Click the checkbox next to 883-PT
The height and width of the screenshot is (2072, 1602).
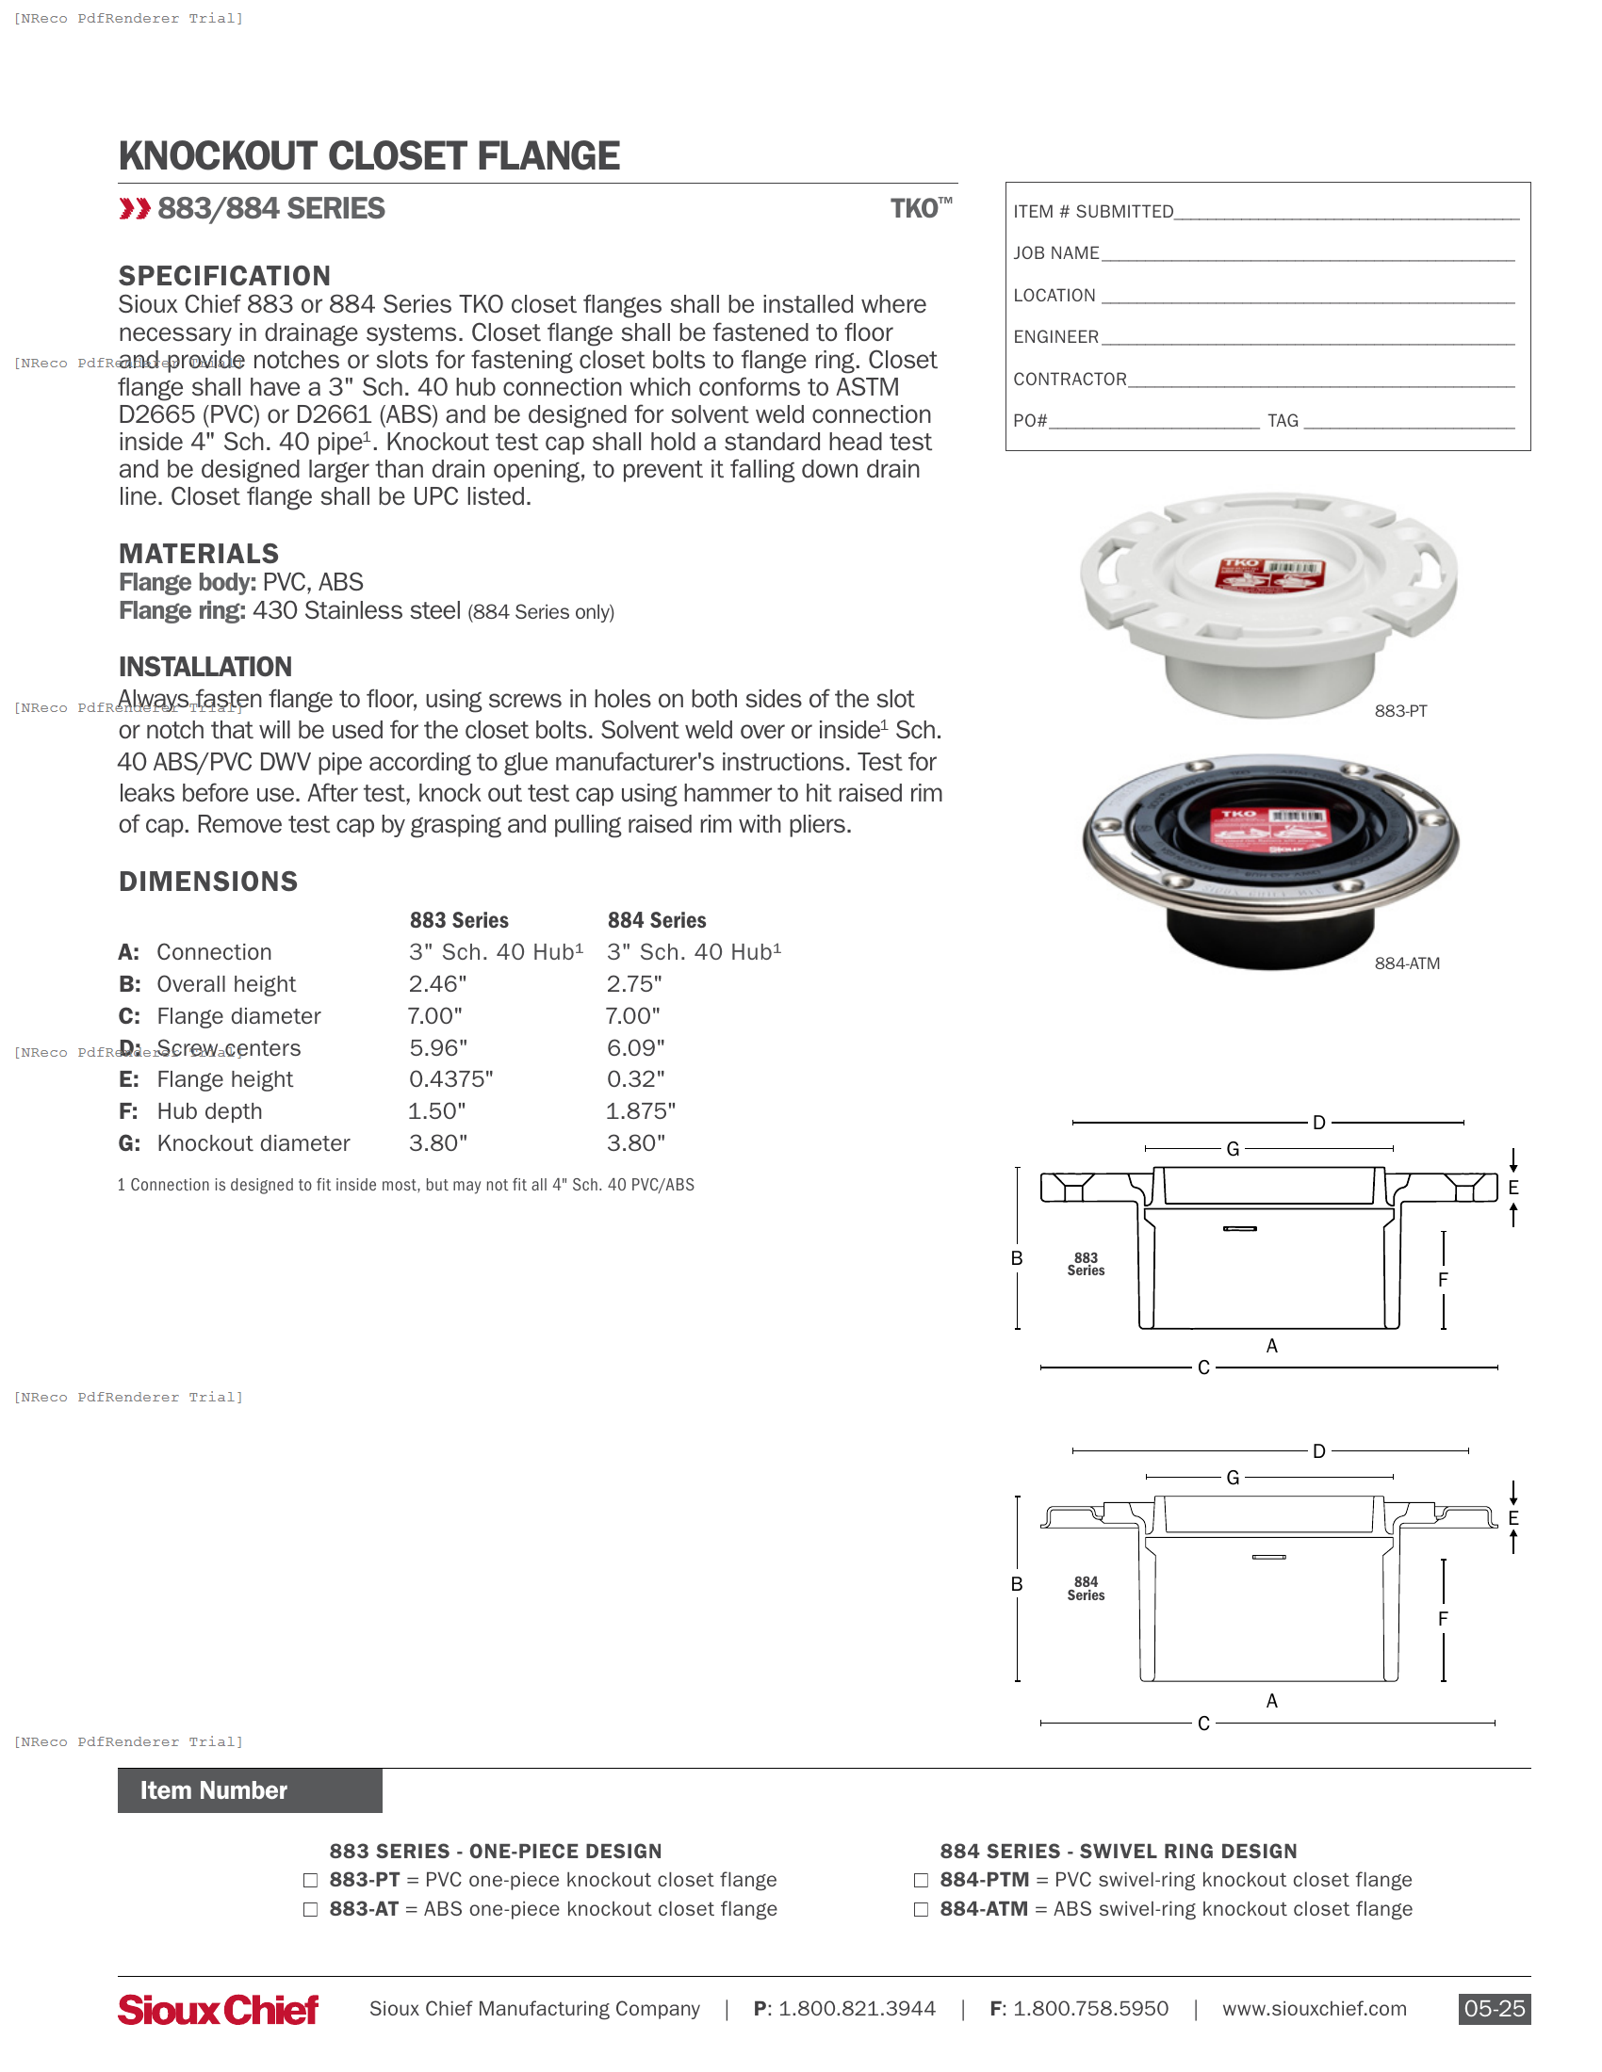coord(310,1881)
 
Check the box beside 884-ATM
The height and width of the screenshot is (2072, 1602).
coord(921,1910)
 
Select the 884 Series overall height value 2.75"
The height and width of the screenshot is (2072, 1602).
coord(634,984)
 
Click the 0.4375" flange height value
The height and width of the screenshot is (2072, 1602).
coord(450,1079)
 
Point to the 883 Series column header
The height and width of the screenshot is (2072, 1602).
coord(458,920)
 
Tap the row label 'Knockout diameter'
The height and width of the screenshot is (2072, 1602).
coord(253,1143)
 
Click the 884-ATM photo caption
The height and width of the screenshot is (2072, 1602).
coord(1407,963)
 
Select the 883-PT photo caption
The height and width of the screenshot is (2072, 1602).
coord(1399,711)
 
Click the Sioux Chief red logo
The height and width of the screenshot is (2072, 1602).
coord(219,2010)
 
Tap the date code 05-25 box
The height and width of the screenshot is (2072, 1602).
coord(1494,2010)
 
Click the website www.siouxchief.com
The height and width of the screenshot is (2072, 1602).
coord(1314,2010)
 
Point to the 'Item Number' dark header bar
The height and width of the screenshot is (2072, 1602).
coord(250,1790)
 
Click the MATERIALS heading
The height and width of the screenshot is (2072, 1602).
coord(198,554)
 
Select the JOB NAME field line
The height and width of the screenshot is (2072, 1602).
coord(1308,254)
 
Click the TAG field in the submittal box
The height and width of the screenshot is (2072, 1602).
coord(1409,421)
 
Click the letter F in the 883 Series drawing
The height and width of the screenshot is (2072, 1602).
coord(1443,1280)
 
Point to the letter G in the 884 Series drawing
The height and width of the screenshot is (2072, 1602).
coord(1233,1477)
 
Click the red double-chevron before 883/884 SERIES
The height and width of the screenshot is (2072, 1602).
coord(135,209)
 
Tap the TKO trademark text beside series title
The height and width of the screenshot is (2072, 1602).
coord(920,209)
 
